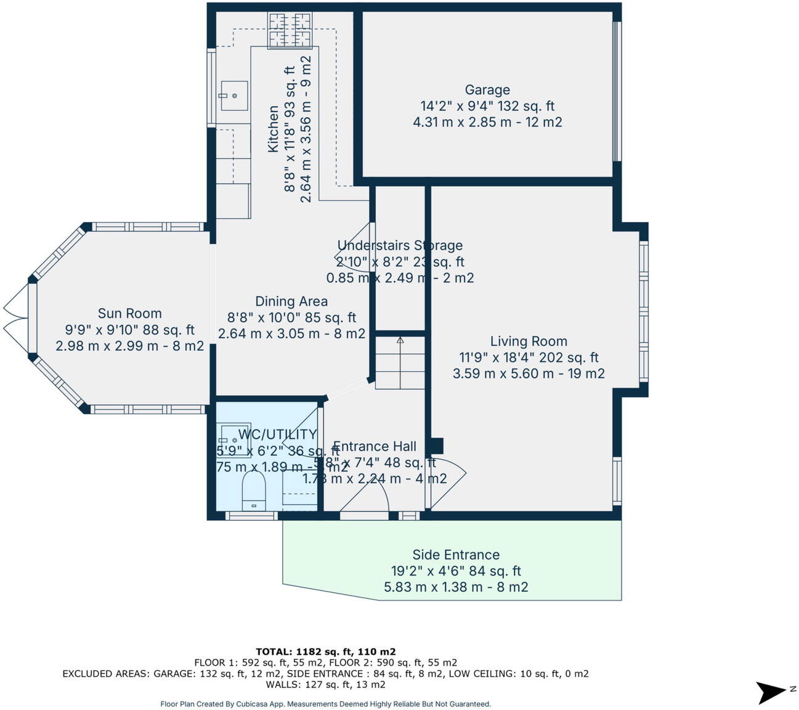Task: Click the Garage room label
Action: [487, 90]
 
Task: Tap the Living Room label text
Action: [529, 341]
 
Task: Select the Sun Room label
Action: [129, 314]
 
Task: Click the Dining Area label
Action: [291, 301]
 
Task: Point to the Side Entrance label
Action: [456, 555]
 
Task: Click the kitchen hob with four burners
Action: [290, 30]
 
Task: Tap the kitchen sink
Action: [233, 96]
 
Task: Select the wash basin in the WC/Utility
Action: [232, 439]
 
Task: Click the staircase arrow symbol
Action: [400, 340]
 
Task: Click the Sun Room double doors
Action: [15, 318]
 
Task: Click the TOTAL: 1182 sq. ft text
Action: [325, 651]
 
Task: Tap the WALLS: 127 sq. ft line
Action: [325, 684]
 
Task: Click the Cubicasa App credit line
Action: [325, 704]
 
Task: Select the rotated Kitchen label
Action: [273, 129]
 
